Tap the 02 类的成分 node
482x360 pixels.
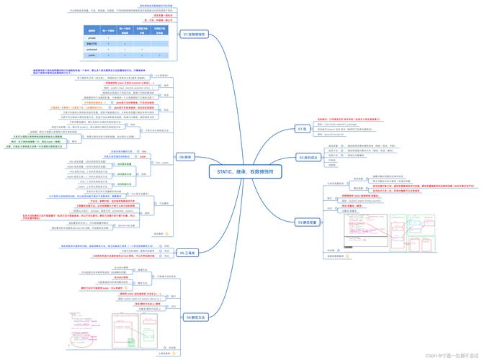click(x=308, y=156)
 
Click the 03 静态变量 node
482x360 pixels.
click(x=309, y=222)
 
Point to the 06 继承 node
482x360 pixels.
click(x=185, y=156)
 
